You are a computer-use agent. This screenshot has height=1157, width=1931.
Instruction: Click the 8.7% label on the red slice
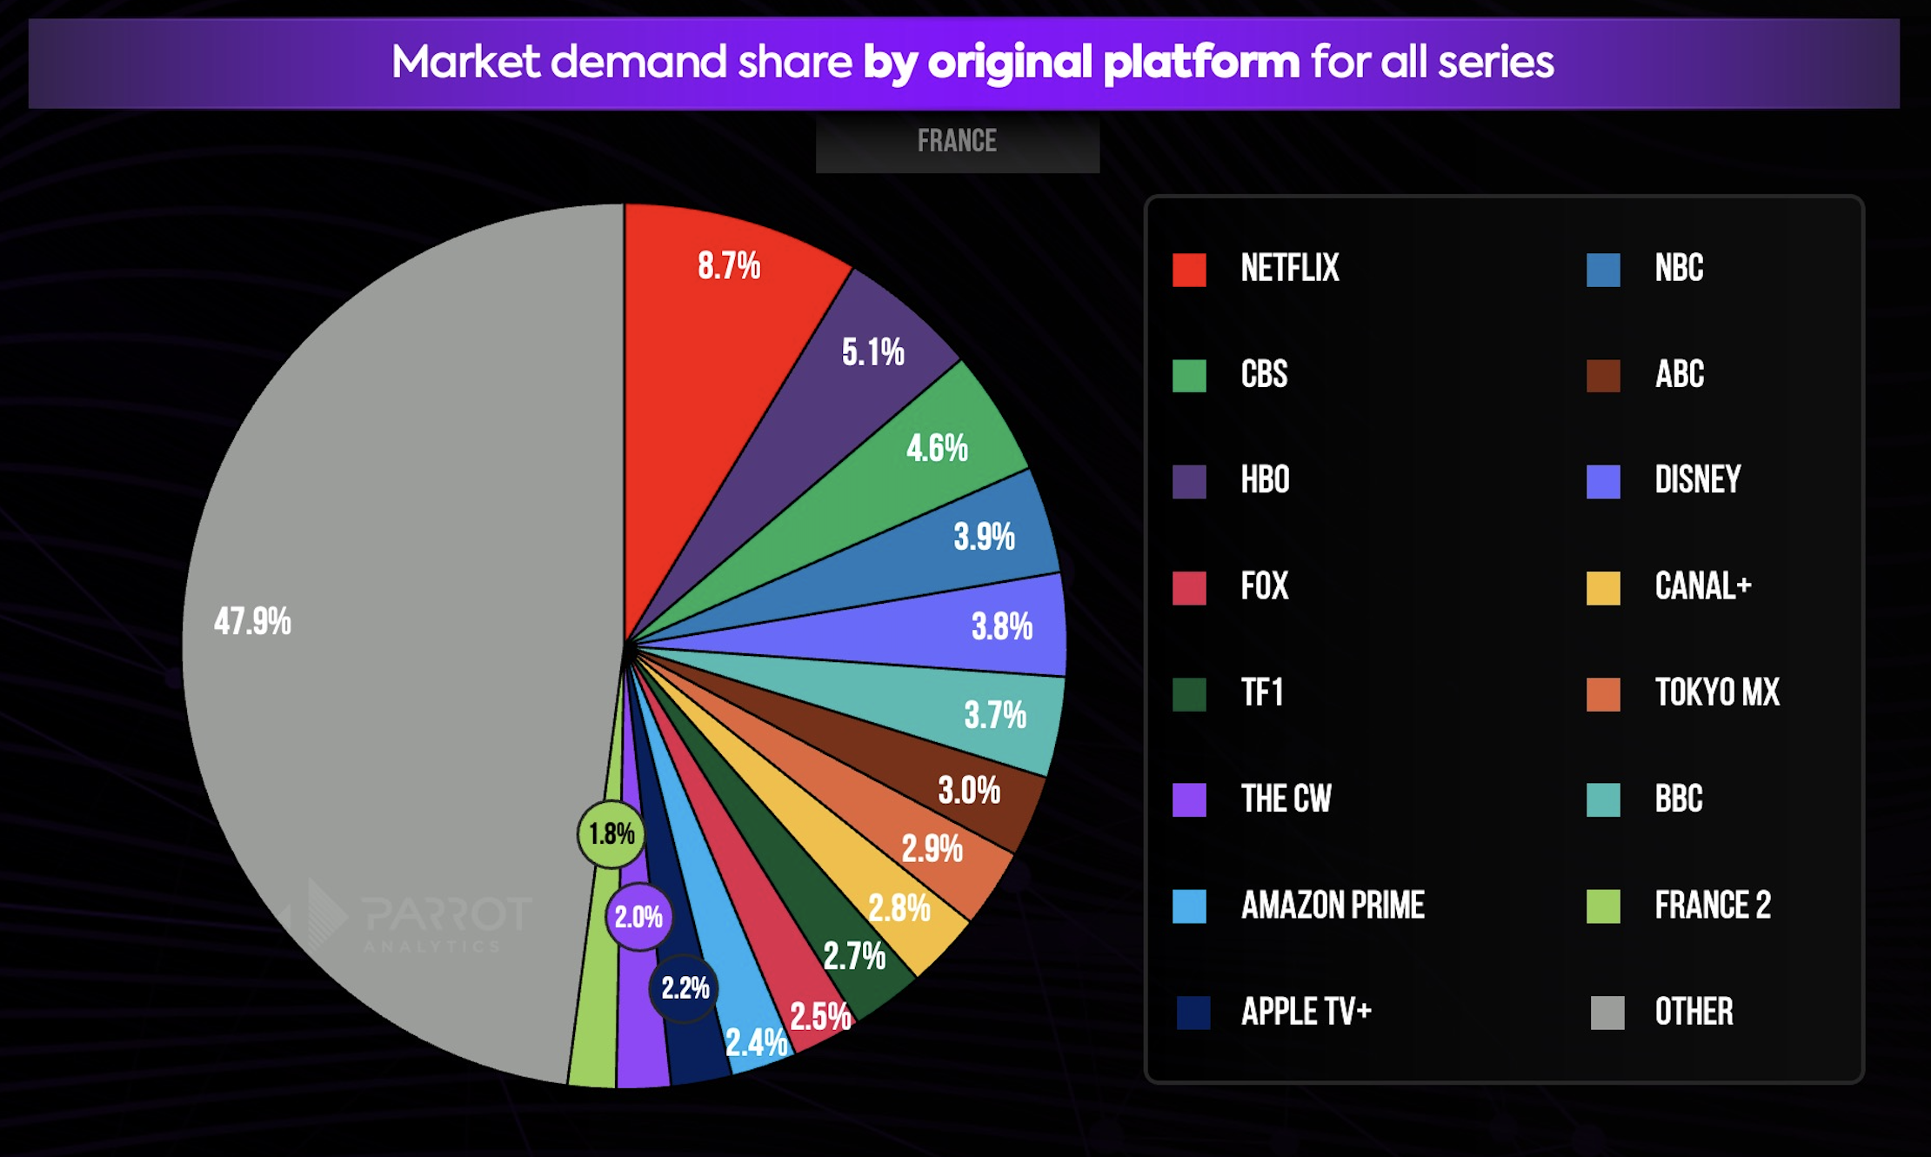tap(729, 265)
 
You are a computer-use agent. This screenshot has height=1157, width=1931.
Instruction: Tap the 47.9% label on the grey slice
tap(252, 622)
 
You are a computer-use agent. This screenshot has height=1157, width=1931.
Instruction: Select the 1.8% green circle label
tap(611, 834)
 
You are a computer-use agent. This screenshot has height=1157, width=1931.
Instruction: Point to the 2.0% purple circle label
tap(638, 917)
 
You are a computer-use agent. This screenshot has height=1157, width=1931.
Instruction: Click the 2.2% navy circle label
tap(685, 988)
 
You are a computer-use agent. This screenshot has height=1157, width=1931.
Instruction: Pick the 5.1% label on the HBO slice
tap(872, 352)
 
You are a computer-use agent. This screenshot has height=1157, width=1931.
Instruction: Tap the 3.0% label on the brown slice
tap(969, 791)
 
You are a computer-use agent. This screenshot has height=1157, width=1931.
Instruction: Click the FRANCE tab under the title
tap(957, 142)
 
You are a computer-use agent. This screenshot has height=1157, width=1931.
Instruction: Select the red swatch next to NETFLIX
tap(1189, 270)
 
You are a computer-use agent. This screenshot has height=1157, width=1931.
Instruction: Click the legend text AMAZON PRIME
tap(1333, 906)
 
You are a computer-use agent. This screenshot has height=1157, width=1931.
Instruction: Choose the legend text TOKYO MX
tap(1717, 693)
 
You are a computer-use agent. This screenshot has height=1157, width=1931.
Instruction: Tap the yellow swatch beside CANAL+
tap(1603, 588)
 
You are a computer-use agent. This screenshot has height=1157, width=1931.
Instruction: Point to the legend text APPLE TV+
tap(1306, 1012)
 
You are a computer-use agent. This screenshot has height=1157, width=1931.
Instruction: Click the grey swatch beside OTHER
tap(1607, 1013)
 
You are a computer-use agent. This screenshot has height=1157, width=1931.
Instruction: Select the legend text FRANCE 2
tap(1713, 906)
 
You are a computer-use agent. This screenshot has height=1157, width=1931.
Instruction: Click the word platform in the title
tap(1201, 63)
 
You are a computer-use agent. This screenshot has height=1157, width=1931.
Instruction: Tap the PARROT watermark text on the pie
tap(446, 915)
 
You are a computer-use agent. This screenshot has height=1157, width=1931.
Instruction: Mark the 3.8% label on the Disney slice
tap(1002, 626)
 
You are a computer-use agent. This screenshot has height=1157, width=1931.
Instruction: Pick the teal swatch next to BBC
tap(1603, 799)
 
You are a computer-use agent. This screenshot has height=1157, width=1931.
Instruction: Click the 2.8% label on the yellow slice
tap(899, 909)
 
